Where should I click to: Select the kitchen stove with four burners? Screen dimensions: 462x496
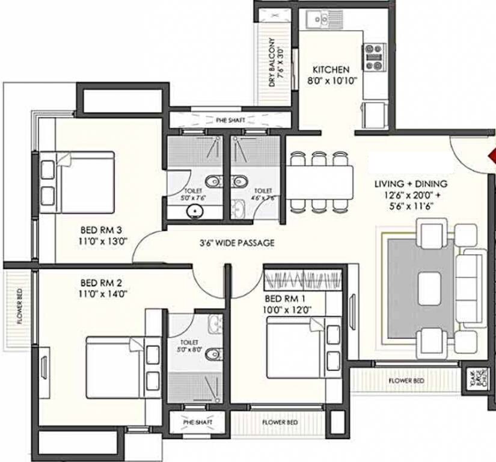point(373,55)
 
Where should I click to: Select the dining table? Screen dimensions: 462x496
point(319,182)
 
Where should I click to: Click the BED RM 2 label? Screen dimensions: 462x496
point(101,282)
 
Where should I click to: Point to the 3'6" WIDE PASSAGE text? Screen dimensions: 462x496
point(237,244)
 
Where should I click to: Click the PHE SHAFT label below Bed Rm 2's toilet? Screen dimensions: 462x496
point(198,422)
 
